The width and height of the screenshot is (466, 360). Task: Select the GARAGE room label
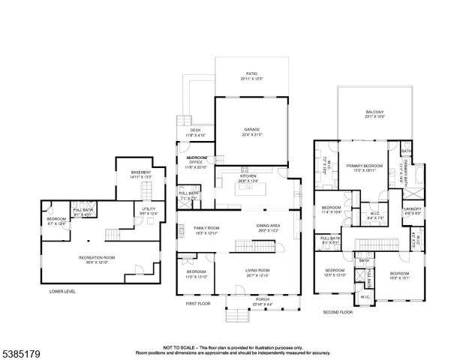coord(251,130)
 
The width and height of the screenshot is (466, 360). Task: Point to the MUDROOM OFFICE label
coord(197,160)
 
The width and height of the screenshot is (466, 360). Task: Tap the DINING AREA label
coord(268,227)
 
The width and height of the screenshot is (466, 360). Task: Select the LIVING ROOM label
coord(257,271)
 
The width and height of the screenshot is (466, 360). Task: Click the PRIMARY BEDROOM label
coord(364,165)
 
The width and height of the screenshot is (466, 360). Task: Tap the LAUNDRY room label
coord(413,209)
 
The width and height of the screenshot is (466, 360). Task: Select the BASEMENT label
coord(141,172)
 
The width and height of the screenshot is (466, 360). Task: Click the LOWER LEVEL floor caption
coord(63,290)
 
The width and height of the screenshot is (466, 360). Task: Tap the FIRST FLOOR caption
coord(199,304)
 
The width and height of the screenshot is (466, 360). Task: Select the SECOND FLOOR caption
coord(338,311)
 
